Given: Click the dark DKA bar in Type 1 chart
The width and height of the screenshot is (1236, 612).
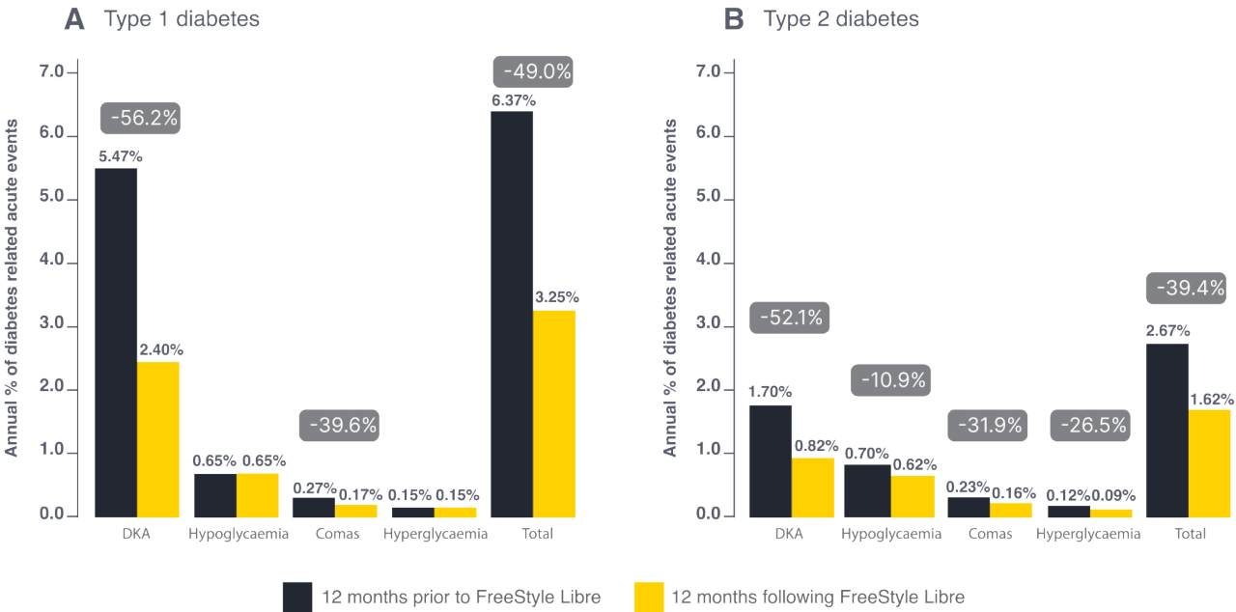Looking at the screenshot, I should (115, 342).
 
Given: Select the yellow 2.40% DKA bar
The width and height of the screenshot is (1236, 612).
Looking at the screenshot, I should (158, 438).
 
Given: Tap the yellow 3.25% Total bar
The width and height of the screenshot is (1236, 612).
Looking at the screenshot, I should (554, 412).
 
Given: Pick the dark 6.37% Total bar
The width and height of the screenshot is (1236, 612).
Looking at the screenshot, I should (512, 313).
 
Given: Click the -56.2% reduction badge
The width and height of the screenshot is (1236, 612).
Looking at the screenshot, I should (140, 119).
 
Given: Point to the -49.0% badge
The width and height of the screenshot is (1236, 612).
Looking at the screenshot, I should (533, 71).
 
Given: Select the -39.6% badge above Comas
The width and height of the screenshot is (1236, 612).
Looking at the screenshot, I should (338, 424).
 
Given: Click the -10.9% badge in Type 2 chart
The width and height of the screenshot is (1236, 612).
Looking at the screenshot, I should (889, 380).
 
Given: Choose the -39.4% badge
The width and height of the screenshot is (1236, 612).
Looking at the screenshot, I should (1185, 287).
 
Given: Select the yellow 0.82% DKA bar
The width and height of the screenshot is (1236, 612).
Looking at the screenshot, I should (813, 486).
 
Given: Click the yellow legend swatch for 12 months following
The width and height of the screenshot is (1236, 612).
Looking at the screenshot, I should (648, 597).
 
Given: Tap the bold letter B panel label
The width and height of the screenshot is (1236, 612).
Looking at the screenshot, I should (733, 18).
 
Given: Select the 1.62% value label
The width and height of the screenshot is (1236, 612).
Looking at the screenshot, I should (1209, 397).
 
